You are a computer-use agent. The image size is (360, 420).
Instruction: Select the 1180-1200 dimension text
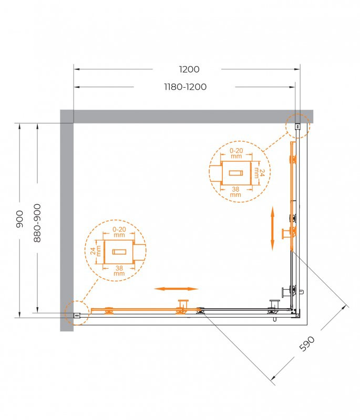[x=184, y=87]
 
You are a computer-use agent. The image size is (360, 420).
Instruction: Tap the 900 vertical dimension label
[x=19, y=218]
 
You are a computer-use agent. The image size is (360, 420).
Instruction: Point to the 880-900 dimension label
[x=37, y=223]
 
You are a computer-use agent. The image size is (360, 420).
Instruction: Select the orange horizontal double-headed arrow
[x=176, y=288]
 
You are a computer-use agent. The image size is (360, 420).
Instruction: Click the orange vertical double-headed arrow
[x=272, y=228]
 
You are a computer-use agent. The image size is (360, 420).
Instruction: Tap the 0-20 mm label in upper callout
[x=235, y=153]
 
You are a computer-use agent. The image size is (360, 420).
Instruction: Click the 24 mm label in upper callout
[x=257, y=173]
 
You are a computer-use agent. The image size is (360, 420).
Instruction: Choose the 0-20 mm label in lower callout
[x=119, y=232]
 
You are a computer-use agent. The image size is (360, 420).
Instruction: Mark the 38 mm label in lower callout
[x=119, y=270]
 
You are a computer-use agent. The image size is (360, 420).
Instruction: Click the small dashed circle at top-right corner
[x=297, y=126]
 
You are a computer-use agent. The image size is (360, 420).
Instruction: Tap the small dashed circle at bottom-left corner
[x=76, y=313]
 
